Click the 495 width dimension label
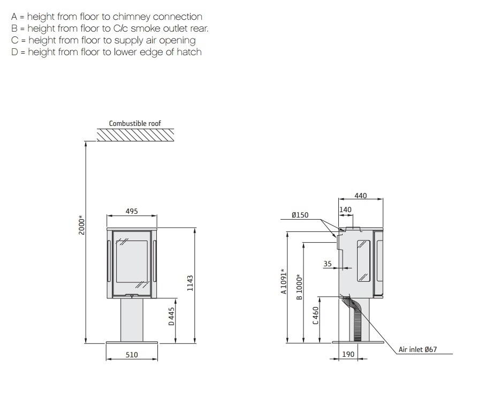click(132, 211)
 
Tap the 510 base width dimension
click(132, 355)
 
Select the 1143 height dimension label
click(190, 283)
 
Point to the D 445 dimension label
click(171, 316)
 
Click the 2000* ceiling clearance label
click(81, 225)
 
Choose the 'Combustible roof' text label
click(135, 123)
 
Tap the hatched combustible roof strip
click(135, 135)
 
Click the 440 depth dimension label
click(361, 196)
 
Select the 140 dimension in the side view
click(345, 209)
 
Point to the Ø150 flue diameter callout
click(300, 215)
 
